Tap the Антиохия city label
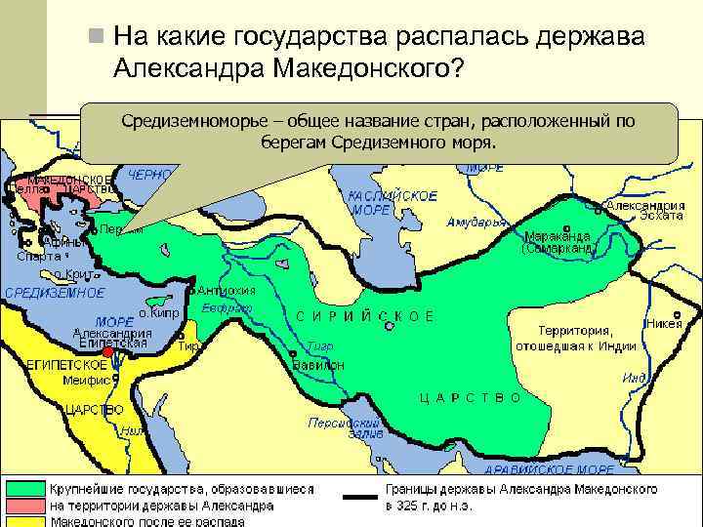point(227,290)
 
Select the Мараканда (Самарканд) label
point(559,242)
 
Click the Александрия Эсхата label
point(645,212)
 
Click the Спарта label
point(38,257)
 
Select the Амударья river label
point(476,223)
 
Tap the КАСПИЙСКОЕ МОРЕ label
point(380,203)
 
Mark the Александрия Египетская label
point(112,338)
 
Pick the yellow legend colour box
point(24,521)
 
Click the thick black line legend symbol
point(360,498)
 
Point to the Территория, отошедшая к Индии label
point(576,338)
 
